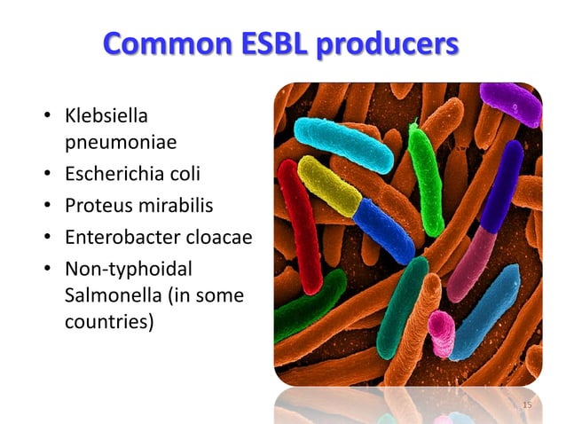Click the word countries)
109,320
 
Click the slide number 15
527,404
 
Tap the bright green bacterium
425,177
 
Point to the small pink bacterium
440,333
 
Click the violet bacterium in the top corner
513,102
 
